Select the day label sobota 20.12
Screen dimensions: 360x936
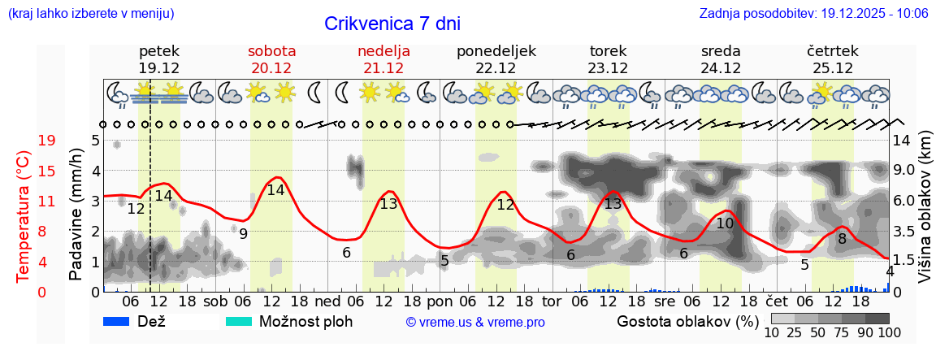271,59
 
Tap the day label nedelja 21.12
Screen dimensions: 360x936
383,59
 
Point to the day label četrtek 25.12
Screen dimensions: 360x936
833,59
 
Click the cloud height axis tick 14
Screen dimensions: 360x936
903,141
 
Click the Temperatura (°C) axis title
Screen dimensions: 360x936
24,217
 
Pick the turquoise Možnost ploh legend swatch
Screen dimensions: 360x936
239,321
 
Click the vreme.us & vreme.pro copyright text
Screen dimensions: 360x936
475,323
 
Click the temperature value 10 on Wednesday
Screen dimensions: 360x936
725,223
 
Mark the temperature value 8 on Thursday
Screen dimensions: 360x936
842,239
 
